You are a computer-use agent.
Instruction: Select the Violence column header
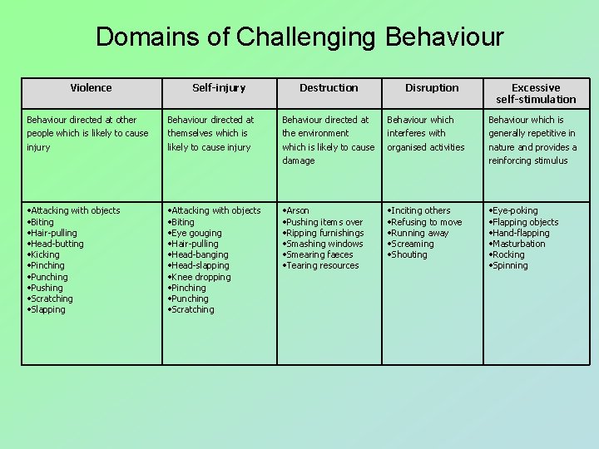91,87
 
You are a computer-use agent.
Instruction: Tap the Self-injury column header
219,87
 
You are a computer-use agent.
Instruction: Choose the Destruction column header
329,87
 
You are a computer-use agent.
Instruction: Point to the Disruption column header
432,87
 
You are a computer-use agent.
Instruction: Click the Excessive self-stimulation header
536,93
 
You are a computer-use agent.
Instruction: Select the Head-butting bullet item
57,244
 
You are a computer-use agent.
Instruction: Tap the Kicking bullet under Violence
46,254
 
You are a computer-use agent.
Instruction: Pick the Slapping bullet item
47,309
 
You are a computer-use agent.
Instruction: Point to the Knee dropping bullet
201,277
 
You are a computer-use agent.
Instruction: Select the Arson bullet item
298,210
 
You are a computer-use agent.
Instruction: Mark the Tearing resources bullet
324,265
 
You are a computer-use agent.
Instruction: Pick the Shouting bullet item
408,254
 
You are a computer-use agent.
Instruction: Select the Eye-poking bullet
515,210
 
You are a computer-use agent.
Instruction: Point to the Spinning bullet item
510,265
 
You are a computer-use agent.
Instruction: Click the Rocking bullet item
508,254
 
